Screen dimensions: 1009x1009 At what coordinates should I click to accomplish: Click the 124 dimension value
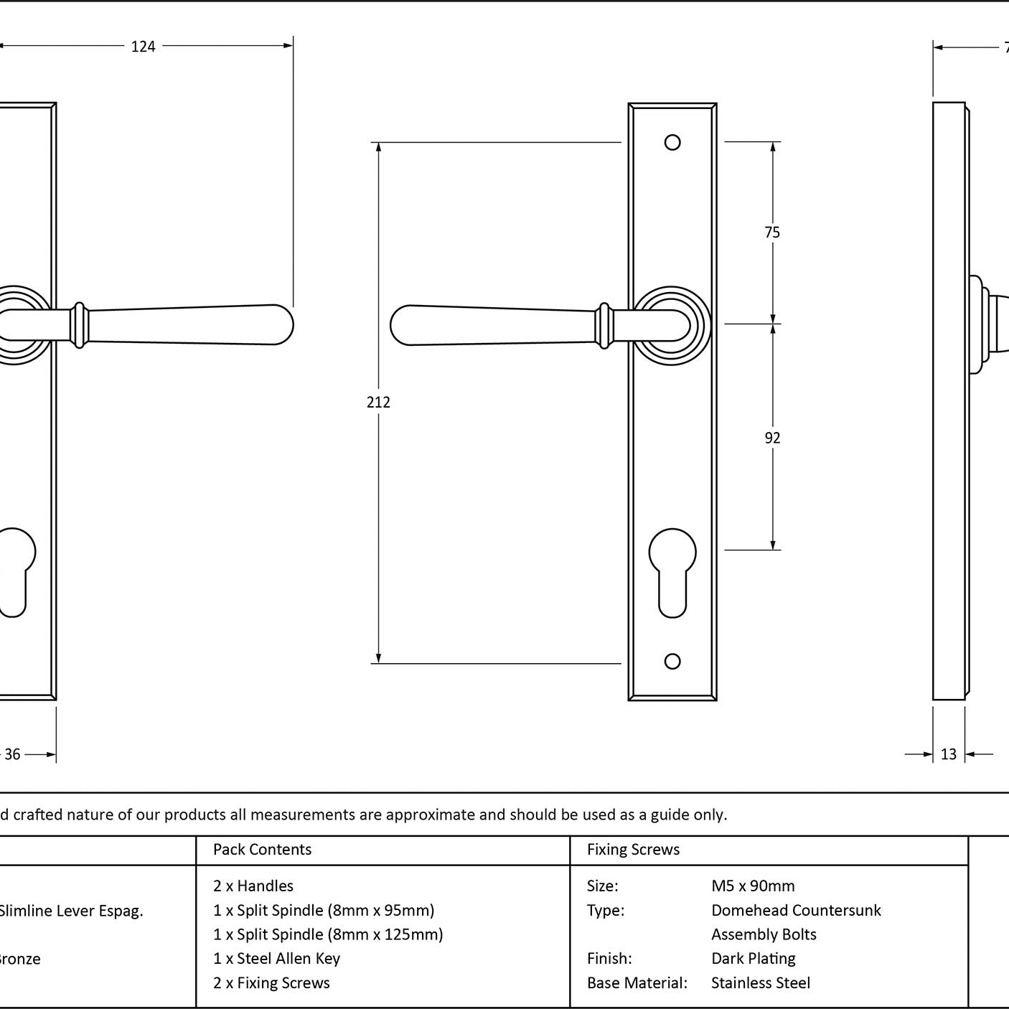pyautogui.click(x=143, y=47)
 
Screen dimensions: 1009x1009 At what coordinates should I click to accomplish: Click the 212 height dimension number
pyautogui.click(x=378, y=402)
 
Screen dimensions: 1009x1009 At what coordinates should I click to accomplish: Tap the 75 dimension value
pyautogui.click(x=772, y=232)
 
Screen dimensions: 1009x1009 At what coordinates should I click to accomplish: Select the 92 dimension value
pyautogui.click(x=772, y=438)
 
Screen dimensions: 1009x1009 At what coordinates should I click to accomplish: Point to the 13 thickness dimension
pyautogui.click(x=949, y=754)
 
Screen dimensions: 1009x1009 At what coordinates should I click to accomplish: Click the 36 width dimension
pyautogui.click(x=13, y=754)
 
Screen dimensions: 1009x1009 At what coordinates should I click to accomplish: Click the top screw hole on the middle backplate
pyautogui.click(x=672, y=142)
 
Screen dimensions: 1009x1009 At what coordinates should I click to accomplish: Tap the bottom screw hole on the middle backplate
pyautogui.click(x=672, y=661)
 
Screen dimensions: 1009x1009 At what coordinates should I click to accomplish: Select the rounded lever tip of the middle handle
pyautogui.click(x=402, y=325)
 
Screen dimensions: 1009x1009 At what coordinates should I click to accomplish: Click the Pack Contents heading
pyautogui.click(x=262, y=850)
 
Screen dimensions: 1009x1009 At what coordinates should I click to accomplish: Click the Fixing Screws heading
pyautogui.click(x=633, y=850)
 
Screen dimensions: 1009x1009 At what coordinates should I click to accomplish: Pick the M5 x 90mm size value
pyautogui.click(x=753, y=886)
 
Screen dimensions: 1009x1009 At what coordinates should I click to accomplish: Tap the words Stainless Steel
pyautogui.click(x=761, y=982)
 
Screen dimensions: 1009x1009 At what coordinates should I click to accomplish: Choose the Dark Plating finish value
pyautogui.click(x=754, y=958)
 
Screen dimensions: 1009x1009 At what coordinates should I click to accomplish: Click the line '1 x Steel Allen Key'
pyautogui.click(x=276, y=958)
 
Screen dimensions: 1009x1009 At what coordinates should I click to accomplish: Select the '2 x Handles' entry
pyautogui.click(x=253, y=886)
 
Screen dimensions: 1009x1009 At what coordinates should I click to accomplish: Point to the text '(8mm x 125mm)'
pyautogui.click(x=385, y=934)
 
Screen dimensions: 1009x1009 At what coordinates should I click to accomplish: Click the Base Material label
pyautogui.click(x=637, y=982)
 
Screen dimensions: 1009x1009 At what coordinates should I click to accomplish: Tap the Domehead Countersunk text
pyautogui.click(x=796, y=910)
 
